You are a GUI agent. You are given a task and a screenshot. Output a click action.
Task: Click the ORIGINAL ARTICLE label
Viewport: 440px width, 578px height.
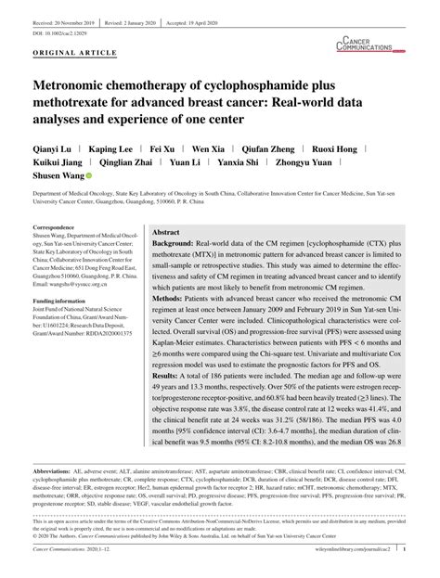tap(67, 54)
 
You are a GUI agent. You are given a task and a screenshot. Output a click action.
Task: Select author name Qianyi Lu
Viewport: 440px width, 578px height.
tap(54, 148)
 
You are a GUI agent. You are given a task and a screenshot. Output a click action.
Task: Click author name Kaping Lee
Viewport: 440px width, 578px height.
tap(110, 148)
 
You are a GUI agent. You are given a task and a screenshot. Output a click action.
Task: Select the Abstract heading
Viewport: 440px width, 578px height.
tap(166, 233)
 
